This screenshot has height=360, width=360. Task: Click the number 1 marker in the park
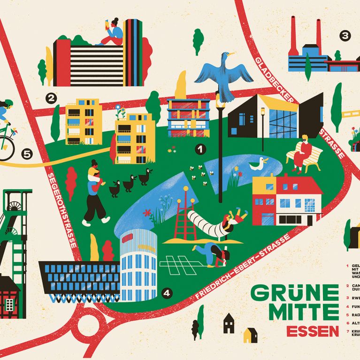tap(200, 150)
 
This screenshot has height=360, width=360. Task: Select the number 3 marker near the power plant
tap(345, 35)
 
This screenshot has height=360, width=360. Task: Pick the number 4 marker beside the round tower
tap(167, 293)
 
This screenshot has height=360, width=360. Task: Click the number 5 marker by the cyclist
tap(27, 153)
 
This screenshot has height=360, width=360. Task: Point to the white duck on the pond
tap(258, 163)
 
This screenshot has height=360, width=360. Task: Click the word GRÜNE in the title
tap(294, 294)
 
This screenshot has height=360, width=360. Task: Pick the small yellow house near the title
tap(250, 335)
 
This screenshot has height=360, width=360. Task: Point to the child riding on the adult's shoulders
tap(95, 174)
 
